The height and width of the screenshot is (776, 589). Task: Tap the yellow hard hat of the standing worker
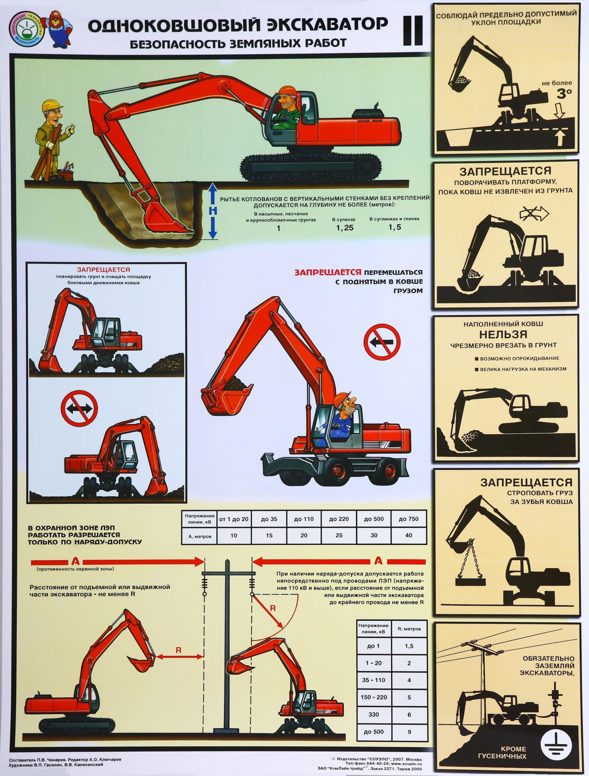point(52,105)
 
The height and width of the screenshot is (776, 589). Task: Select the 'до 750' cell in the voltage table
point(409,519)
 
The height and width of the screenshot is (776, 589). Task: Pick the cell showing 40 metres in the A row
point(409,536)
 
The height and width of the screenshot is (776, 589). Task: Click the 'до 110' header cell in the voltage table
point(304,519)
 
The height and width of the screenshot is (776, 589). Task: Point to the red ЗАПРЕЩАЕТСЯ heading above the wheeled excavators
point(103,270)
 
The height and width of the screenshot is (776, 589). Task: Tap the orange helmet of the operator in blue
point(344,400)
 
